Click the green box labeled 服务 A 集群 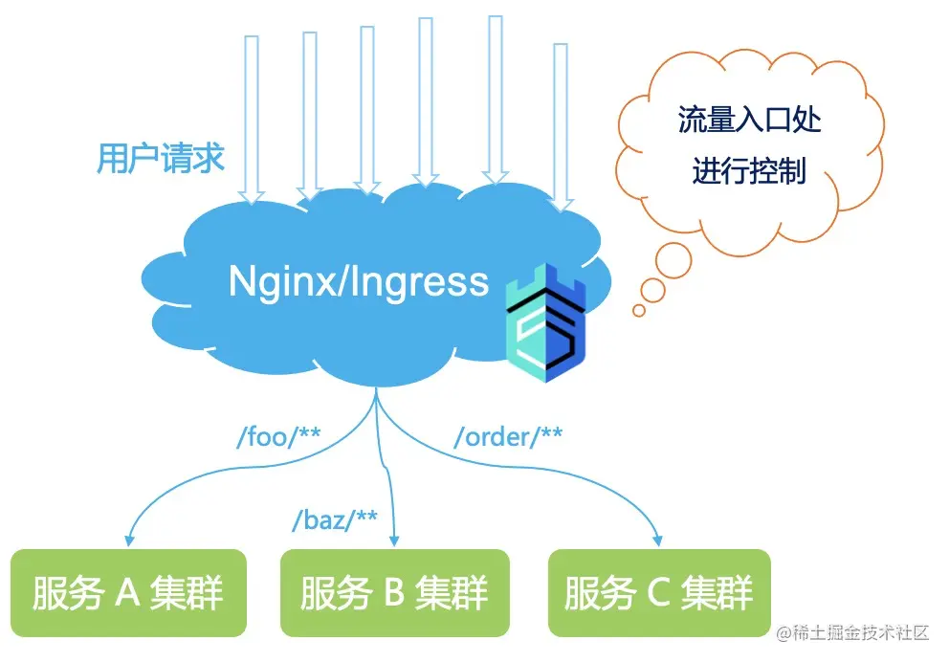[x=128, y=593]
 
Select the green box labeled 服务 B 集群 [x=394, y=593]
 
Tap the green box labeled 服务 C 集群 [x=659, y=593]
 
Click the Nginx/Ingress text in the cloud [x=359, y=281]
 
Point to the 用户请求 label [x=161, y=158]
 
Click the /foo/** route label [x=278, y=438]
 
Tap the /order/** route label [x=508, y=437]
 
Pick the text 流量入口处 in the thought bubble [x=750, y=121]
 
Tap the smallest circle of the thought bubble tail [x=639, y=310]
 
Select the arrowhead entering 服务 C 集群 [x=658, y=539]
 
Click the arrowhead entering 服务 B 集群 [x=393, y=539]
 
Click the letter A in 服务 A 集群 [x=128, y=593]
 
